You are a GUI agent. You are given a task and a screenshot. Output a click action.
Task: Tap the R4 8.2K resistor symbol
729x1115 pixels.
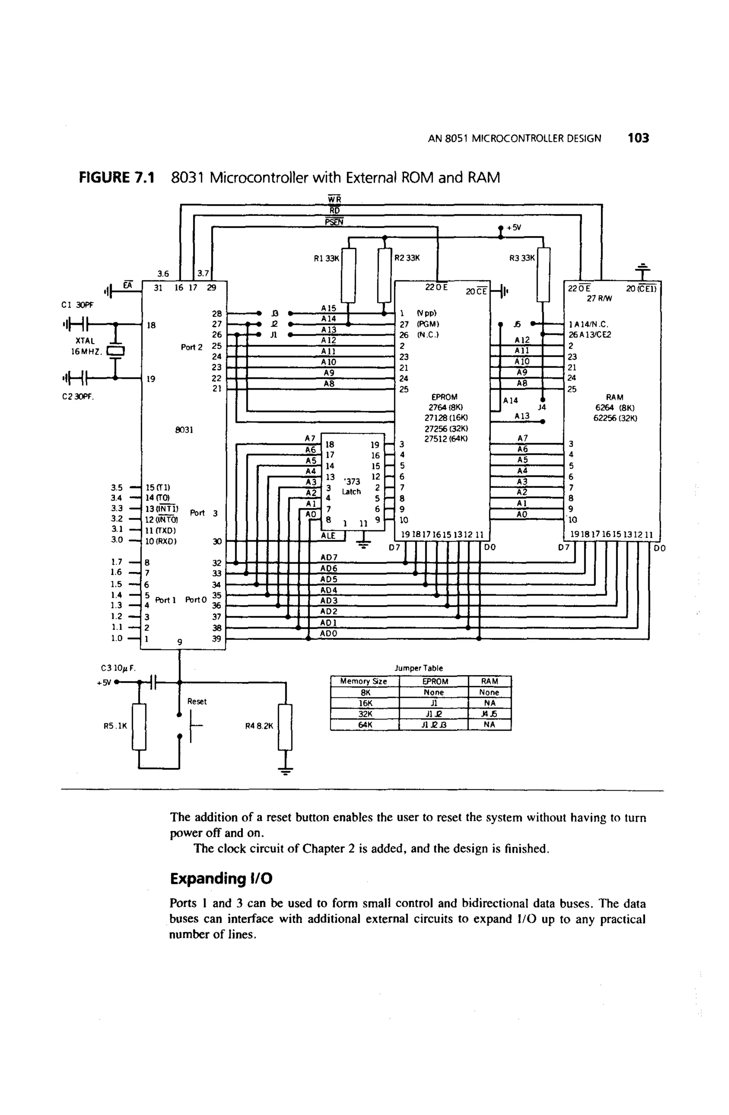(x=285, y=727)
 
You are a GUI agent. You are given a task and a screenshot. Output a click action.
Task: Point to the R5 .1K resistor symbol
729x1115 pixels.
(x=139, y=727)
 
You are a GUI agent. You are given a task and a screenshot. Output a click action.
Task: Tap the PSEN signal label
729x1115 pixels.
(x=334, y=222)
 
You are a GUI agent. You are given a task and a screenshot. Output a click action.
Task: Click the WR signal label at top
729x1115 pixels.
(x=334, y=199)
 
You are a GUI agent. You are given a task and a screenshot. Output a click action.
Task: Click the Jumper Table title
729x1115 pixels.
(x=418, y=668)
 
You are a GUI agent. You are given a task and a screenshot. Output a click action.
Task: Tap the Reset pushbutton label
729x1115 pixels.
(x=196, y=701)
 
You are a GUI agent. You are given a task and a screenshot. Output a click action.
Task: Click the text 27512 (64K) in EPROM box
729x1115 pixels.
(x=446, y=439)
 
